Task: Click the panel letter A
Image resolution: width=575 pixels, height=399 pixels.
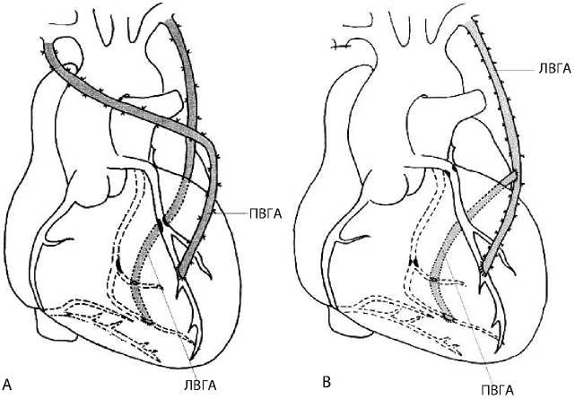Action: point(8,382)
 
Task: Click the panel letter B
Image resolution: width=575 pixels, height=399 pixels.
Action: point(327,383)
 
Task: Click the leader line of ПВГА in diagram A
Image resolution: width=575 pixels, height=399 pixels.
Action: point(229,213)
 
